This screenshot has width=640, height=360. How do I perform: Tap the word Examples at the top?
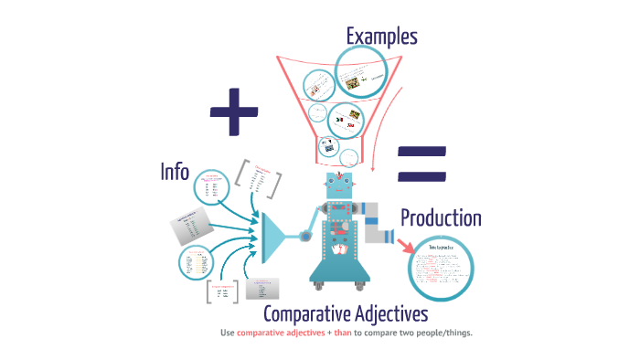[x=381, y=37]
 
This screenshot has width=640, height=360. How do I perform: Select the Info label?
[x=176, y=171]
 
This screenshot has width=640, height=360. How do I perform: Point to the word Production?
[x=441, y=218]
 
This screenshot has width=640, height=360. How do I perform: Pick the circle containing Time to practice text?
[x=441, y=267]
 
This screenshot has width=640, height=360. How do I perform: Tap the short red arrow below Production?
[x=404, y=245]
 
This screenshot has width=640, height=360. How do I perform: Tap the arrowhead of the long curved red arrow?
[x=377, y=168]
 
